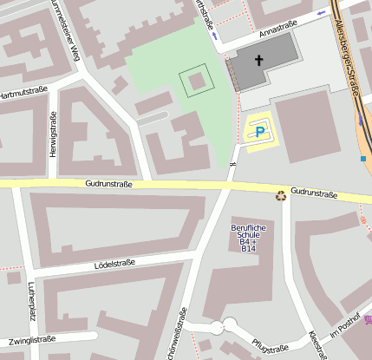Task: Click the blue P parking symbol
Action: pyautogui.click(x=259, y=132)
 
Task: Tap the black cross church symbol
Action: pyautogui.click(x=258, y=62)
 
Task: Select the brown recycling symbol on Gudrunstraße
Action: pyautogui.click(x=280, y=195)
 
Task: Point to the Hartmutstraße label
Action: pyautogui.click(x=22, y=94)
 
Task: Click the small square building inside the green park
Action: pyautogui.click(x=196, y=82)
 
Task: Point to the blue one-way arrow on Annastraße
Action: pyautogui.click(x=323, y=12)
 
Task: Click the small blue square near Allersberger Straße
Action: pyautogui.click(x=362, y=159)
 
